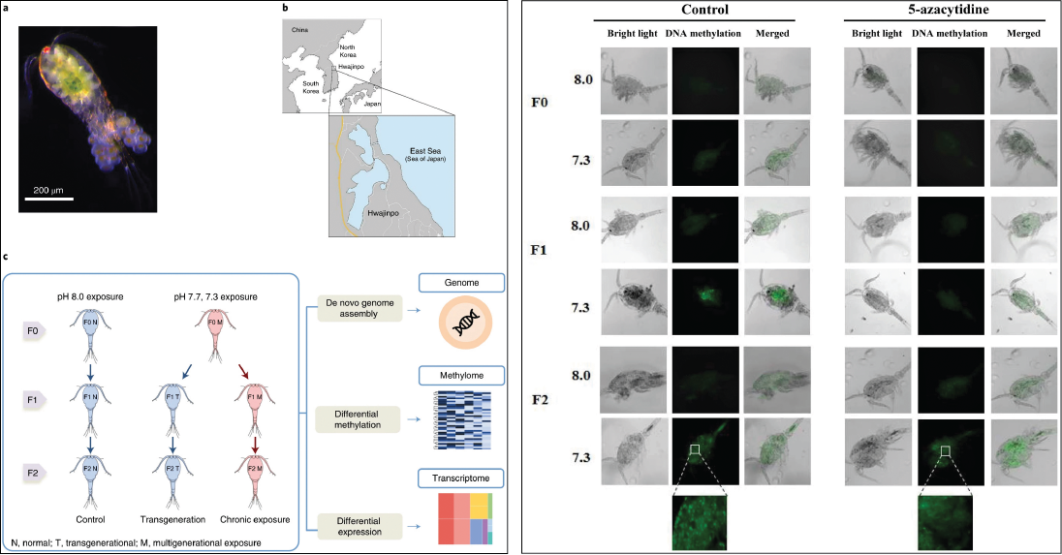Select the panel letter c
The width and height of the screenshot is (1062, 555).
(8, 256)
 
